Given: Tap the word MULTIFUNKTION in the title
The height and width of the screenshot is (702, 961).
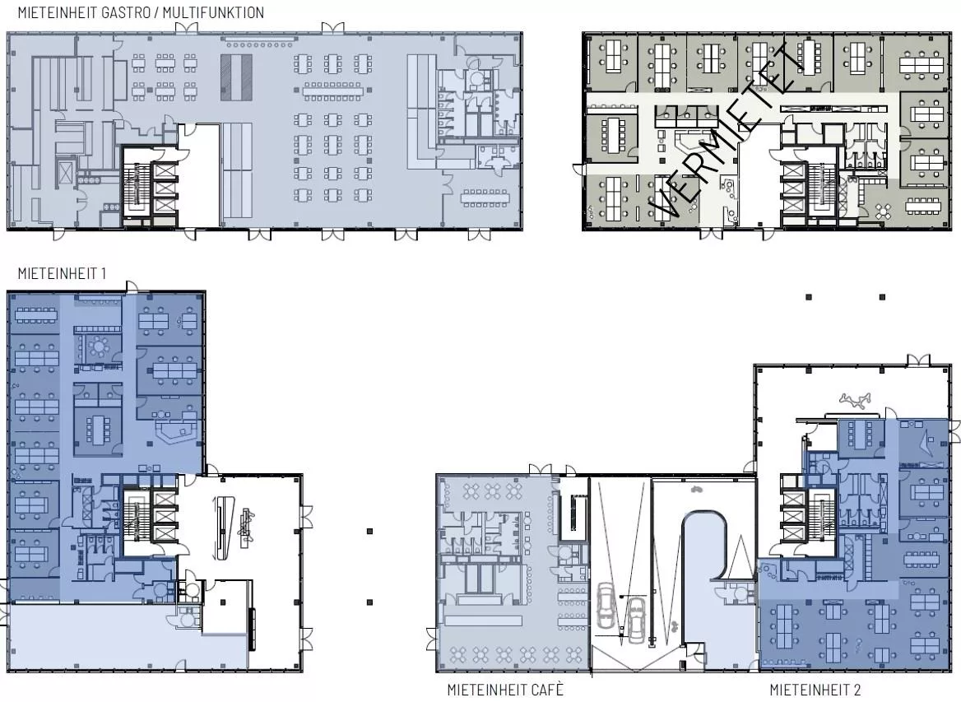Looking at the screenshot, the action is point(213,12).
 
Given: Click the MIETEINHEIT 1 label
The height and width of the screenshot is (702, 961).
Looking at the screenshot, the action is point(62,273).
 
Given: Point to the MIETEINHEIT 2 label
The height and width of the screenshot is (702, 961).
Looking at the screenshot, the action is point(815,690).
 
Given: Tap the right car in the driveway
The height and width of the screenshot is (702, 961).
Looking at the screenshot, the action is point(636,619).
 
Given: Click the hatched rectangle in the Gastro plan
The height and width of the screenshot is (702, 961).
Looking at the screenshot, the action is point(237,77).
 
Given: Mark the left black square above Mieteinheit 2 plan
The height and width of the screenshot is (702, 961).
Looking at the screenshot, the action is point(809,297).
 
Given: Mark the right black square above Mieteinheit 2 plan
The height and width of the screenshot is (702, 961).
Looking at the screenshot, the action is point(883,297).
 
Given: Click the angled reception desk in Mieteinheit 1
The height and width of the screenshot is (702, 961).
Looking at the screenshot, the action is point(175,432).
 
